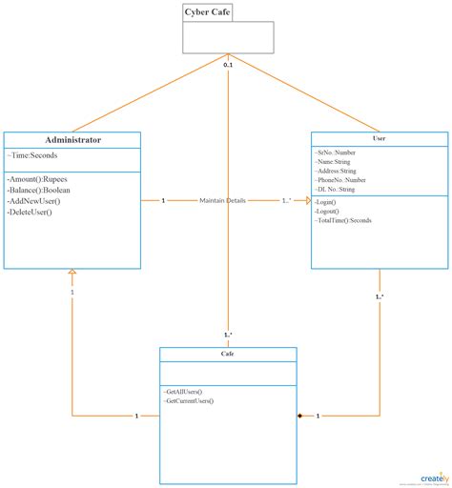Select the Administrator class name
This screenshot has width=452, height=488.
click(72, 140)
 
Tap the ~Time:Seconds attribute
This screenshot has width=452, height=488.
click(32, 156)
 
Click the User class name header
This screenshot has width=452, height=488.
click(379, 139)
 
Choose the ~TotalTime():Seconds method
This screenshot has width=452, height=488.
click(344, 220)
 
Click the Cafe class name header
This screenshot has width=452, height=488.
click(227, 354)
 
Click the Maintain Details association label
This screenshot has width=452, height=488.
click(223, 200)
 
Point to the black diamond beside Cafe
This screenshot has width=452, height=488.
click(298, 416)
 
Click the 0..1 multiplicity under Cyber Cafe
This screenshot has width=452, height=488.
click(229, 65)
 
